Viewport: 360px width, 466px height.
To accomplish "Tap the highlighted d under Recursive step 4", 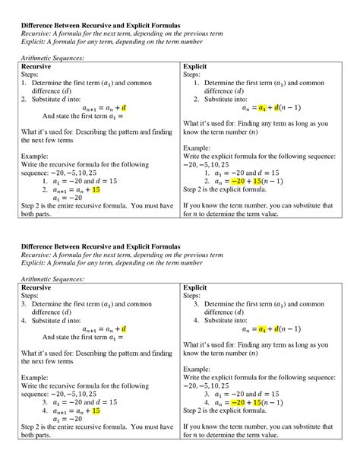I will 124,328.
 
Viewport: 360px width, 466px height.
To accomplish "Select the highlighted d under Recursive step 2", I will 124,107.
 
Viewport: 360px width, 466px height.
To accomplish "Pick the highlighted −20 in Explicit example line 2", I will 239,182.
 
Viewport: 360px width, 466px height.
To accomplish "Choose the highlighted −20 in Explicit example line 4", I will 239,403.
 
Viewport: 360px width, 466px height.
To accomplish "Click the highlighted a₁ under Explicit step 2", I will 263,107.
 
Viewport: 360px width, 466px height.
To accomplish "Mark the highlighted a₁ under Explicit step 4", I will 263,328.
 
